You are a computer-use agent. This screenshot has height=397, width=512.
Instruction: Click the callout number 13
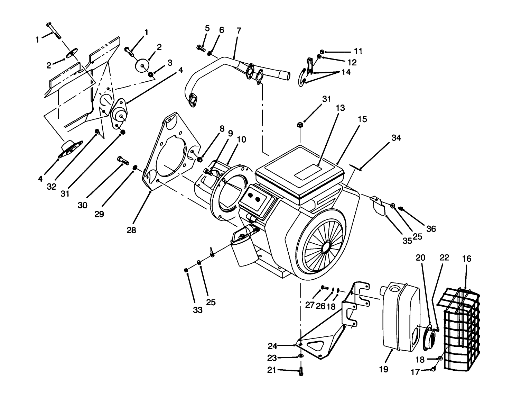[x=340, y=108]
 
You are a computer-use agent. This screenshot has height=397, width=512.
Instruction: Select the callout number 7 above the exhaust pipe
[x=239, y=30]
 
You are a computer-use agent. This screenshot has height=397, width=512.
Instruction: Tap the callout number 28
[x=131, y=230]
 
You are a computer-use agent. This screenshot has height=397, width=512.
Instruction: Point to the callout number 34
[x=396, y=137]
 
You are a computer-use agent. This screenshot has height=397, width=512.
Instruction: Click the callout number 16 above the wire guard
[x=466, y=259]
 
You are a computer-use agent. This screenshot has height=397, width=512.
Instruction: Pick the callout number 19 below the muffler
[x=383, y=369]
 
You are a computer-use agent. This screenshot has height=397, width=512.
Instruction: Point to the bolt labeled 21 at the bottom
[x=300, y=372]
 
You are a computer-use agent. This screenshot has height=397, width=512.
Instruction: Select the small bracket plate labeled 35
[x=379, y=207]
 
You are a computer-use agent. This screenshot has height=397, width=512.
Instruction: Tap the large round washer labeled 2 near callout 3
[x=142, y=66]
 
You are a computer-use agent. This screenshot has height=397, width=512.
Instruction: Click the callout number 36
[x=431, y=229]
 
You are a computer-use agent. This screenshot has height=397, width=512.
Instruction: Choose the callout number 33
[x=197, y=310]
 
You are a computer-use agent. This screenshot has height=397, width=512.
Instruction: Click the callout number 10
[x=241, y=139]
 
